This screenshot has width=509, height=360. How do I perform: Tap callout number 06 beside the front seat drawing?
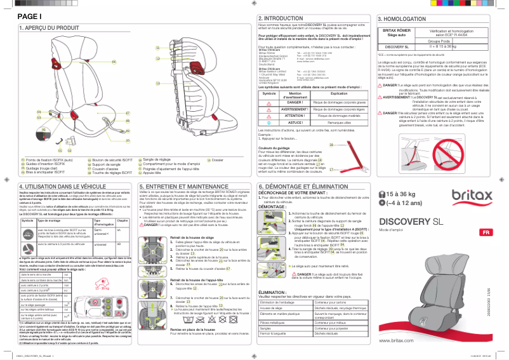pyautogui.click(x=114, y=62)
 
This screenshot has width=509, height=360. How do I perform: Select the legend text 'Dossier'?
pyautogui.click(x=217, y=159)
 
